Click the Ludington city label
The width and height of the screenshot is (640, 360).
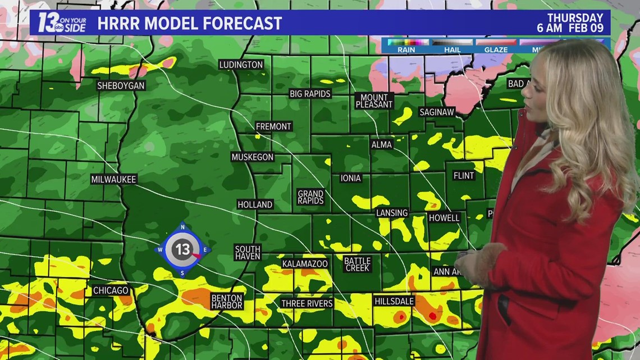click(x=241, y=65)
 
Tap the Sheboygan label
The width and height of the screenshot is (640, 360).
click(x=121, y=86)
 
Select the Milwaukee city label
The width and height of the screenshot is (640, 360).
click(x=114, y=179)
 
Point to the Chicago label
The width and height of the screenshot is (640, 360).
click(x=111, y=290)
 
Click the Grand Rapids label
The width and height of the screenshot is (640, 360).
click(x=310, y=197)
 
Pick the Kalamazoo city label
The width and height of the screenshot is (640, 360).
click(x=305, y=263)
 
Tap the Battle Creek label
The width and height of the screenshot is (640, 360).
click(x=357, y=265)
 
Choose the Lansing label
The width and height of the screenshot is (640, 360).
click(x=392, y=213)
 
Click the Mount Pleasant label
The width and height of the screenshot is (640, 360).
click(x=374, y=101)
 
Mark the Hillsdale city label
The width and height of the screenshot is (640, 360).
click(x=394, y=302)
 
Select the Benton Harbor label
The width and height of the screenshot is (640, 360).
click(x=227, y=302)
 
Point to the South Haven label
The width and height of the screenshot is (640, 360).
click(x=248, y=253)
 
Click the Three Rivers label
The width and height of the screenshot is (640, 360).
click(x=307, y=303)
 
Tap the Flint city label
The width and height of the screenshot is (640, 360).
click(x=464, y=176)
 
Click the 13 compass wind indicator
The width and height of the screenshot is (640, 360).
click(x=183, y=249)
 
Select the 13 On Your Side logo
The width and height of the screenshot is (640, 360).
click(x=61, y=22)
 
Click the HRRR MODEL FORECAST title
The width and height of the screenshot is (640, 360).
click(x=189, y=24)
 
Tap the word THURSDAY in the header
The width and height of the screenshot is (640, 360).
click(x=575, y=18)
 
